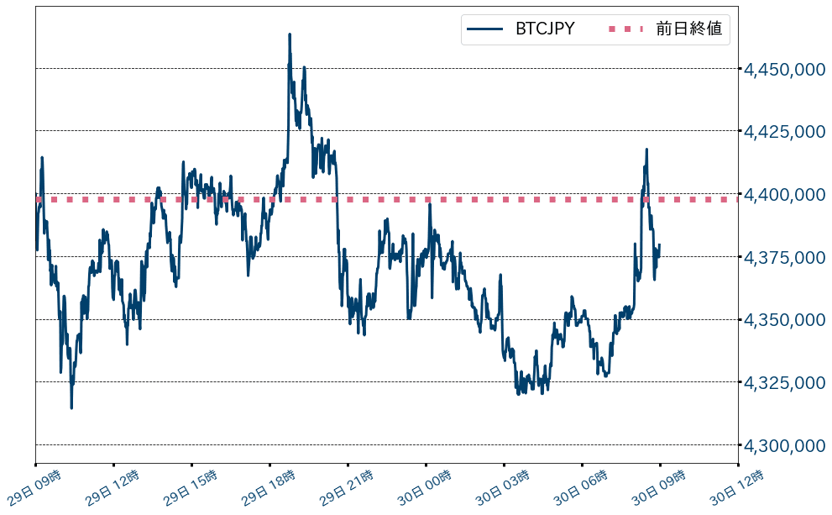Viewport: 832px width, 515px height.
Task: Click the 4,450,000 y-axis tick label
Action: click(x=785, y=69)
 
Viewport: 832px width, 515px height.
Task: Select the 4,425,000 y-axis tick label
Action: click(x=785, y=132)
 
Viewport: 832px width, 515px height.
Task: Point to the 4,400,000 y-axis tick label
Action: click(x=785, y=195)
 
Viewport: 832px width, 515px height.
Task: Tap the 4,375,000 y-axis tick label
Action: click(x=785, y=257)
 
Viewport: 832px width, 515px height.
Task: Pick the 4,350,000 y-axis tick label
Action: click(x=785, y=320)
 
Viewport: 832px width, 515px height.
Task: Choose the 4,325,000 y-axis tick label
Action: click(x=785, y=383)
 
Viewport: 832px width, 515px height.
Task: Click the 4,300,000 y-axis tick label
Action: click(x=785, y=445)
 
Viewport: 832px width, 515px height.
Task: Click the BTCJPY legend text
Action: click(x=545, y=29)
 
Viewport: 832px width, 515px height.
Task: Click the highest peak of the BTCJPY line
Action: click(x=290, y=34)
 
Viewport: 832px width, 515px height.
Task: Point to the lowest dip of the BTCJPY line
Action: click(x=71, y=407)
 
